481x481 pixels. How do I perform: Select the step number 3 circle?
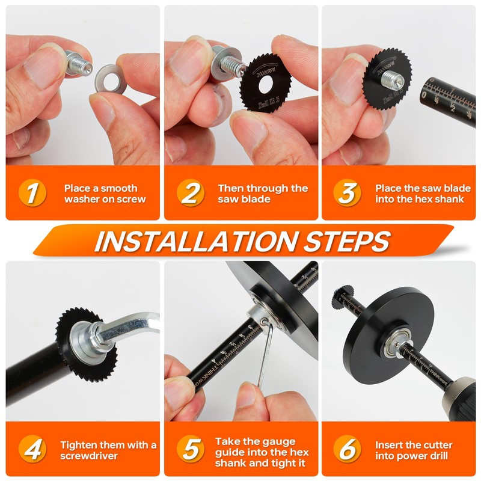tap(348, 194)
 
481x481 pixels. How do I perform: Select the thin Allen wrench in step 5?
tap(265, 355)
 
